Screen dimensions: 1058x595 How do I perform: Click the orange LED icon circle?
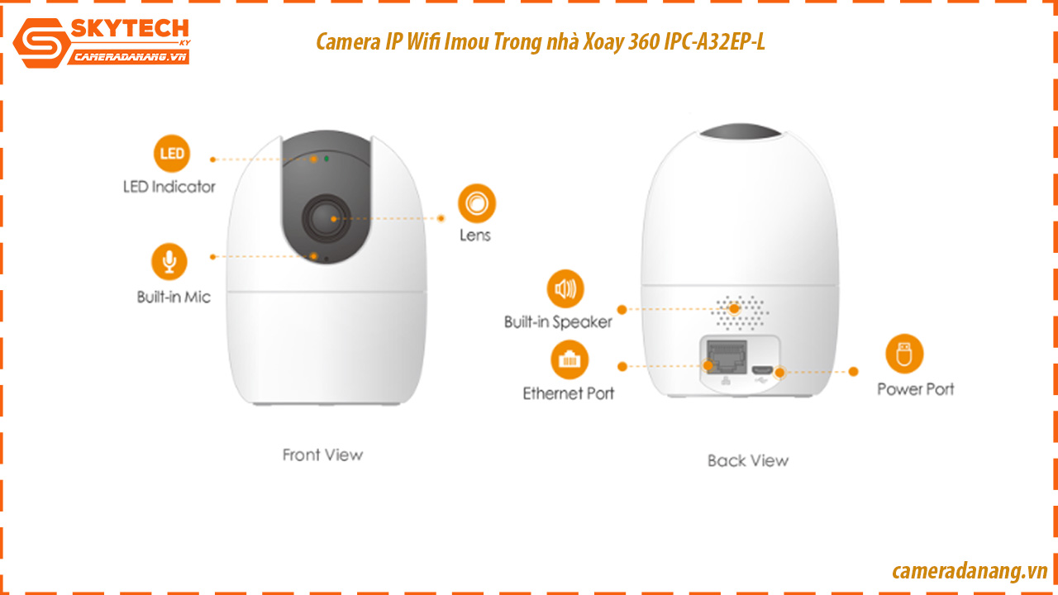(x=172, y=154)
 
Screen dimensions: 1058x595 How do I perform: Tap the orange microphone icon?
(x=169, y=262)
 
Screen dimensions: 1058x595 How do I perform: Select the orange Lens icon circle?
(x=477, y=203)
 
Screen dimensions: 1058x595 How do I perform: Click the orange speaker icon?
(x=565, y=288)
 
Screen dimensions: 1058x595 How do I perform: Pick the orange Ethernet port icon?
(x=570, y=359)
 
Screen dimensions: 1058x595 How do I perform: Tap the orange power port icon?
(x=904, y=354)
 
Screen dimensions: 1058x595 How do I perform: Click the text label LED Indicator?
(x=169, y=187)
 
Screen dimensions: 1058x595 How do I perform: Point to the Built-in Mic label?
(x=174, y=297)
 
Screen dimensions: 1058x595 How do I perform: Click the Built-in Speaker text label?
(x=558, y=322)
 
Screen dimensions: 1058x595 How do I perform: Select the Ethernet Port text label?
(x=568, y=393)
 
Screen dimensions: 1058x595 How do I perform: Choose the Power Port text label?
(x=915, y=389)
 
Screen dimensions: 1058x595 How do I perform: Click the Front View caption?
(x=322, y=455)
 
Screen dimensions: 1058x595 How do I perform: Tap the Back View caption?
(x=748, y=460)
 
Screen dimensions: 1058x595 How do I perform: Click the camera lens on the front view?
(x=326, y=219)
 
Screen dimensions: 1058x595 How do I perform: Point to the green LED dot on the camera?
(x=326, y=159)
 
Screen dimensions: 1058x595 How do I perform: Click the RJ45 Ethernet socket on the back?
(x=727, y=356)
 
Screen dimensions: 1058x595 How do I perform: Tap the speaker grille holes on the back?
(x=740, y=312)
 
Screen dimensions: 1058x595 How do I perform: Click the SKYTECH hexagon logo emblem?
(x=41, y=43)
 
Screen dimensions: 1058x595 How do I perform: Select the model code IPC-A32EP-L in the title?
(x=714, y=41)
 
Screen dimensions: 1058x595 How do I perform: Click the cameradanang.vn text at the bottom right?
(x=970, y=571)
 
